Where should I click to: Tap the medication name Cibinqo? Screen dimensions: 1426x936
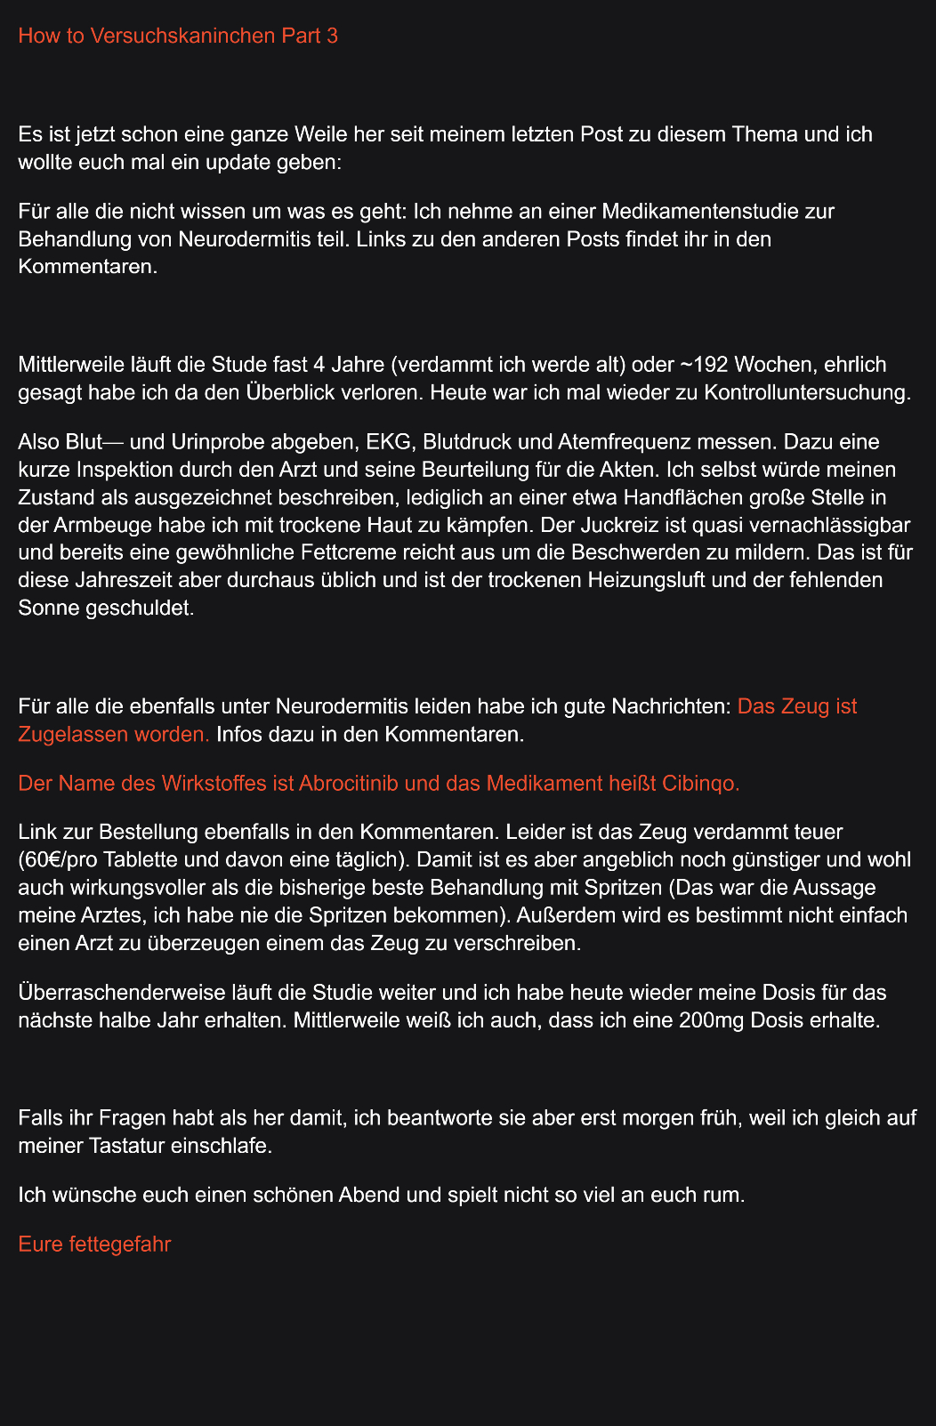pyautogui.click(x=700, y=783)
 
